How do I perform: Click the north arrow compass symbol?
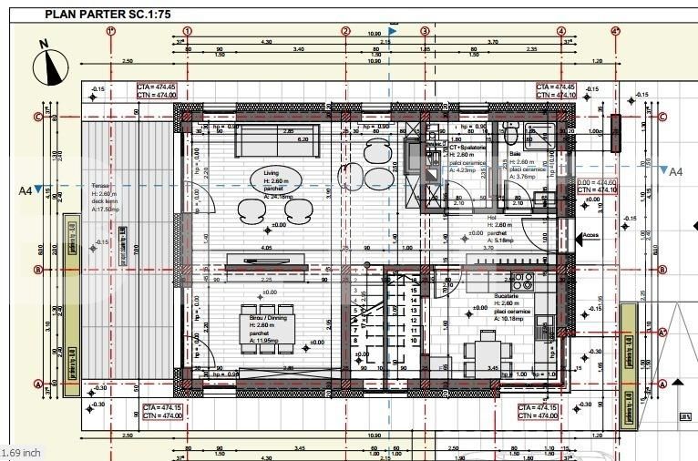(51, 63)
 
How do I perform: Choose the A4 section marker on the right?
(672, 171)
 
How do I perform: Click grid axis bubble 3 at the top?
(425, 30)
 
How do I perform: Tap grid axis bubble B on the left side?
(37, 269)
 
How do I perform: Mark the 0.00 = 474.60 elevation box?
(597, 186)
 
